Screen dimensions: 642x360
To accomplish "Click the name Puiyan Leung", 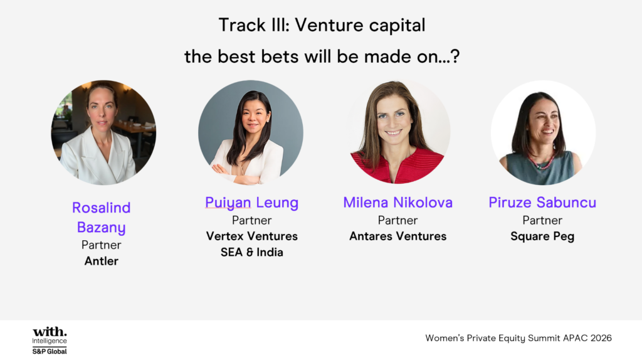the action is point(251,203).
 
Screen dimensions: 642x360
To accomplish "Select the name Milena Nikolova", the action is point(397,203).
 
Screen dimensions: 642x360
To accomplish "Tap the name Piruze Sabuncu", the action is point(542,203).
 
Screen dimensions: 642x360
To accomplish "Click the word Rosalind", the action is point(101,208).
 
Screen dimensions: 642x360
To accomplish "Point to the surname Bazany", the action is point(101,228).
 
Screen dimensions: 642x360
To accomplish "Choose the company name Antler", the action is point(101,261).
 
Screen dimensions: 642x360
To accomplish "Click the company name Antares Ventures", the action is point(397,236).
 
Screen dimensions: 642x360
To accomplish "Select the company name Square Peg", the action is point(542,236).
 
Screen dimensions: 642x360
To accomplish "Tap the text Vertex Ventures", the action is point(251,236).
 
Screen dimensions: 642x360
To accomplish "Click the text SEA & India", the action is point(251,252).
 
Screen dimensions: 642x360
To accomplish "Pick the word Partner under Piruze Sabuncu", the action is point(542,220).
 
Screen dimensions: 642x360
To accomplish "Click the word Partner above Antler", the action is point(101,245).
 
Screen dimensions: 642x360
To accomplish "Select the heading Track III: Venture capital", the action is point(322,25).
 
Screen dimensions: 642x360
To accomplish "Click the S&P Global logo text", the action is point(50,351).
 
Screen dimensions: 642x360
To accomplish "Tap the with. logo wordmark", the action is point(50,331).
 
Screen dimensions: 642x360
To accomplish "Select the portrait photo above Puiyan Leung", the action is point(251,132).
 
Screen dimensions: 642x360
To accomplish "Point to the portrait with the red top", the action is point(397,132).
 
